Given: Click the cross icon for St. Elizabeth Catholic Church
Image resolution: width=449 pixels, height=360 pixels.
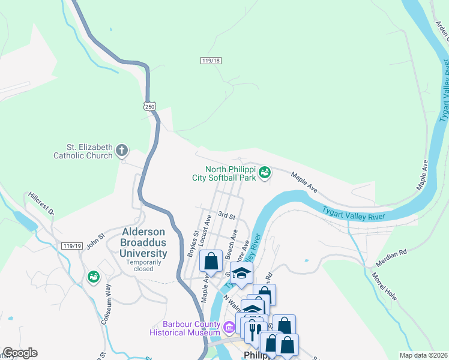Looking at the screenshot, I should tap(122, 150).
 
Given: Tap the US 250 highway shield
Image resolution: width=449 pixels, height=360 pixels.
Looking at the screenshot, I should tap(150, 106).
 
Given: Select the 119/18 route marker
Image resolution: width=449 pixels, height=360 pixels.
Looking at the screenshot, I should tap(211, 61).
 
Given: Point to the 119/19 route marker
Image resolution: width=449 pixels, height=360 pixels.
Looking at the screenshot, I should tap(71, 246).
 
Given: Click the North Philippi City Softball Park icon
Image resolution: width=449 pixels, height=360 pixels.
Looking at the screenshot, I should tap(264, 173).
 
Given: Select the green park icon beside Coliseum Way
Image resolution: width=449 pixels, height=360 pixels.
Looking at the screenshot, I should tap(93, 277).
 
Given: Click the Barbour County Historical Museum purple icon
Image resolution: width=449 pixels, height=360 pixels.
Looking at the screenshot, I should tap(228, 328).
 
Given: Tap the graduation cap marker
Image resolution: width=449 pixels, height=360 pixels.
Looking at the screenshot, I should tap(241, 273).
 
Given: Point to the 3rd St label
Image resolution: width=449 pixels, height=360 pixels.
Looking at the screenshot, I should tap(226, 215).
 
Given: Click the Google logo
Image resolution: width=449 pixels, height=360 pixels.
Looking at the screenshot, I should tap(20, 353).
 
